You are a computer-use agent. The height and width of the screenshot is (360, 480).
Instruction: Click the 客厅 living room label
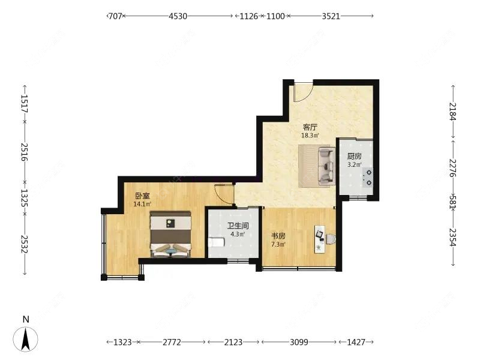click(310, 127)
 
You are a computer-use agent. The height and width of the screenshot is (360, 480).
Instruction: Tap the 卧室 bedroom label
click(142, 196)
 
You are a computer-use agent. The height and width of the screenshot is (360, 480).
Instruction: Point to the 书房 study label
click(278, 236)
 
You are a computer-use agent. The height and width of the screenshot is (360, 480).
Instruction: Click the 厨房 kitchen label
click(354, 155)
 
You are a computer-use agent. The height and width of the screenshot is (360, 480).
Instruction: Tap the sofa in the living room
click(326, 165)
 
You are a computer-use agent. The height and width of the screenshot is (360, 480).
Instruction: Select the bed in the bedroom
click(170, 234)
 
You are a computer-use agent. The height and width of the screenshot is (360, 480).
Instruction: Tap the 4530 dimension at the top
click(178, 16)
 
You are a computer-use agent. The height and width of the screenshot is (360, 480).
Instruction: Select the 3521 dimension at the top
click(331, 16)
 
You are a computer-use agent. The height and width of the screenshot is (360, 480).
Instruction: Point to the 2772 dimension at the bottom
click(172, 342)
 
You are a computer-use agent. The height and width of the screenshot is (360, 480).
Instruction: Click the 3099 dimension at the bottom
click(298, 342)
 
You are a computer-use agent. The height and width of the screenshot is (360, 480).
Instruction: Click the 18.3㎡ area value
click(310, 136)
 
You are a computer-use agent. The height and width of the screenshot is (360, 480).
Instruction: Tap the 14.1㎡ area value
click(142, 204)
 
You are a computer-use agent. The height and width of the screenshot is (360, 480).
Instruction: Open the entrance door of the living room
click(304, 91)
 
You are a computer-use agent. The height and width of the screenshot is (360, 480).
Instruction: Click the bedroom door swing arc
click(223, 194)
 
